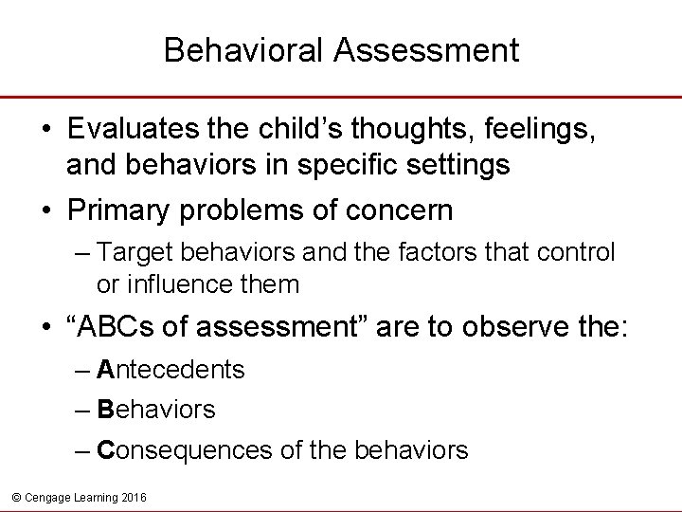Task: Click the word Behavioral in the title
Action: (x=244, y=50)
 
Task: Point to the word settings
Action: (x=456, y=165)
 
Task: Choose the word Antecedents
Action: (x=170, y=370)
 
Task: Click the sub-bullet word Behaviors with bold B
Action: (x=156, y=410)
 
